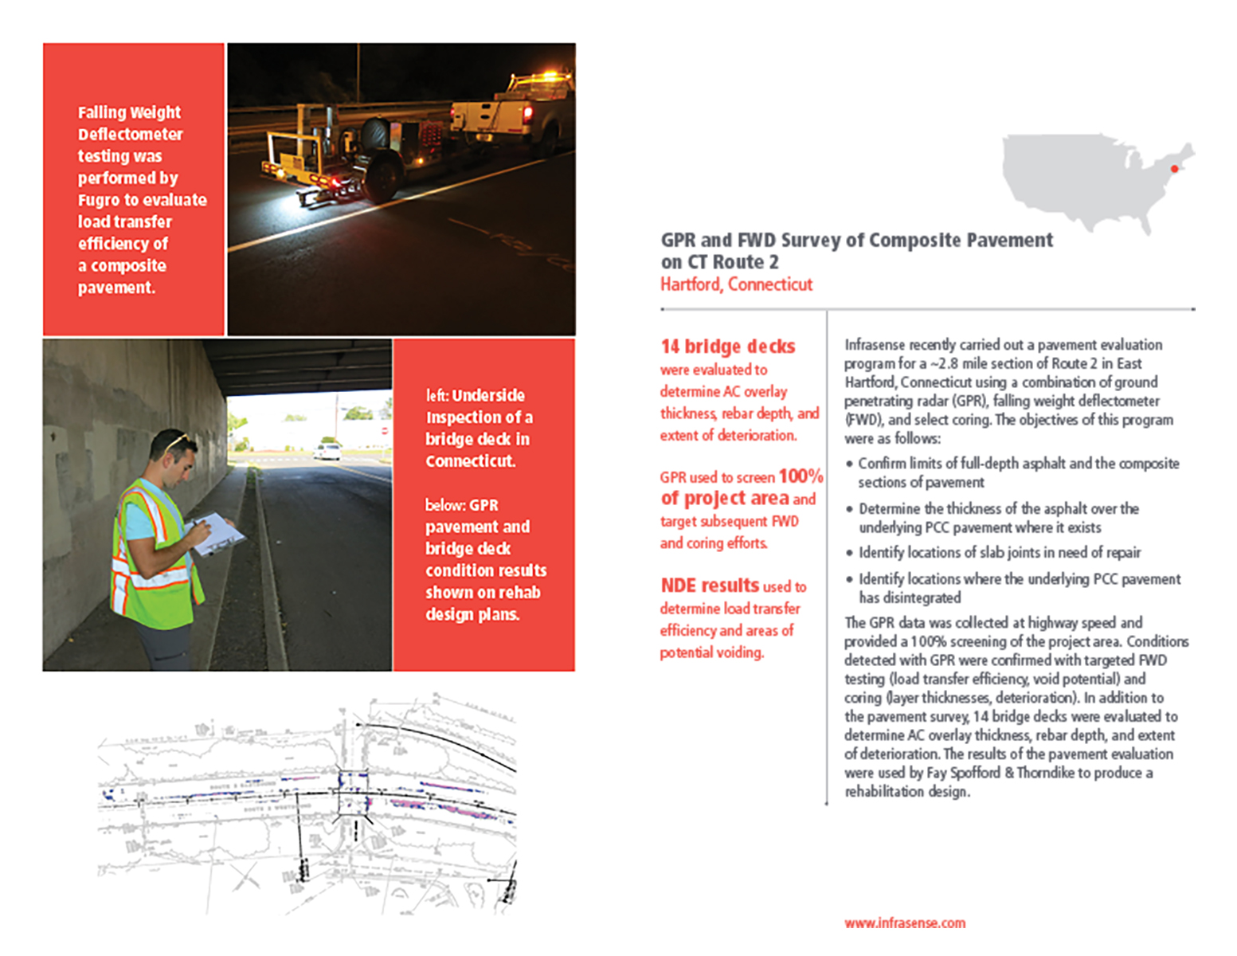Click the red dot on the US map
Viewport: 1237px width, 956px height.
pyautogui.click(x=1174, y=169)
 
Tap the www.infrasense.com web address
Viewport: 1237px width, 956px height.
pyautogui.click(x=905, y=923)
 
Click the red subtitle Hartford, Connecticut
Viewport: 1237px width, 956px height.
pyautogui.click(x=736, y=284)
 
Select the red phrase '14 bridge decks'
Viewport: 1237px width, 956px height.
pyautogui.click(x=727, y=347)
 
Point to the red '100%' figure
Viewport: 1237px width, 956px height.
pyautogui.click(x=801, y=476)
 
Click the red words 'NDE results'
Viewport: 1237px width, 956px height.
pyautogui.click(x=710, y=586)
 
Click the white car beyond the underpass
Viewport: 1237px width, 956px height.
pyautogui.click(x=327, y=452)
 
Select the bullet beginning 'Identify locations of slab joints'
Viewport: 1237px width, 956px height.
pyautogui.click(x=999, y=553)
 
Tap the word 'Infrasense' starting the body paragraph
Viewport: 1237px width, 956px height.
pyautogui.click(x=874, y=345)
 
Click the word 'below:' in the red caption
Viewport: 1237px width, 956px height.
pyautogui.click(x=444, y=505)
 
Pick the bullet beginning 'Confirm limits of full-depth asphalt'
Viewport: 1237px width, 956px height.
pyautogui.click(x=1018, y=472)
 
